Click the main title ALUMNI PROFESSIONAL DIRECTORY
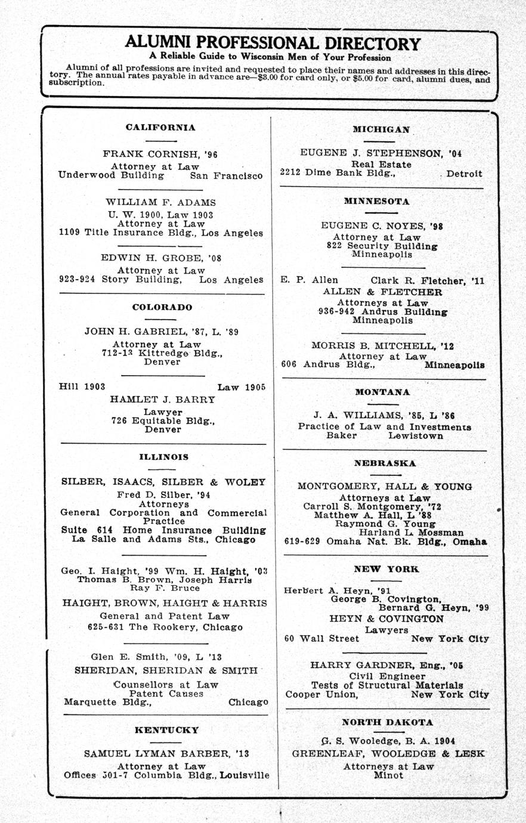click(x=273, y=43)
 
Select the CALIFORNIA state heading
click(x=160, y=127)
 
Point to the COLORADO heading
click(x=162, y=307)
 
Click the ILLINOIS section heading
click(x=163, y=457)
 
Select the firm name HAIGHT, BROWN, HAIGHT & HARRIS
click(x=165, y=603)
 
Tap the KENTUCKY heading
click(x=166, y=729)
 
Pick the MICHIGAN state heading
click(x=381, y=129)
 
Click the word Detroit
click(x=465, y=174)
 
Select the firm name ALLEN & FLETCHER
click(x=382, y=292)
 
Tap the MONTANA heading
click(x=382, y=392)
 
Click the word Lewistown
click(x=416, y=436)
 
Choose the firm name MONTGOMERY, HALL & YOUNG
click(x=385, y=487)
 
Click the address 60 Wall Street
click(x=321, y=639)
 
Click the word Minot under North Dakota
click(x=388, y=775)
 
